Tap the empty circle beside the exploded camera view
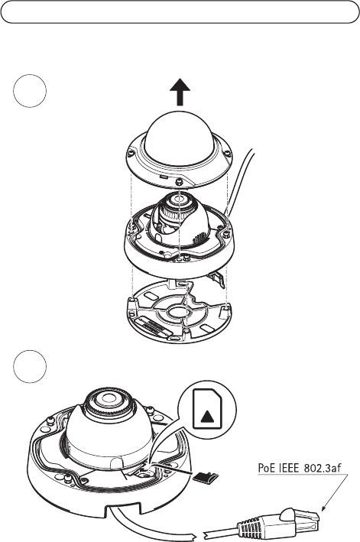click(30, 91)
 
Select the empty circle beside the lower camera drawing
click(30, 367)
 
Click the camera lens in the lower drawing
click(108, 400)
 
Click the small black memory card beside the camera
click(206, 477)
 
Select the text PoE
click(266, 468)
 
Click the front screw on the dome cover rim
click(179, 181)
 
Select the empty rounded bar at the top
click(180, 11)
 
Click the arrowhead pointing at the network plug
click(323, 508)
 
